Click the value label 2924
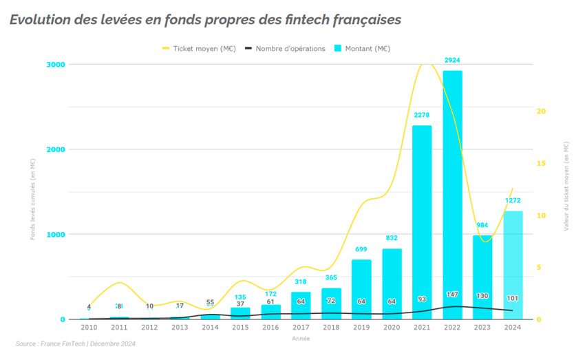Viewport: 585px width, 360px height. coord(452,61)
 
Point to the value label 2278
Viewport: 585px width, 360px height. coord(422,115)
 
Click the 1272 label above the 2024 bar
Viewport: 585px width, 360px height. coord(513,201)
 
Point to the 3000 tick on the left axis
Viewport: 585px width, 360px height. coord(56,64)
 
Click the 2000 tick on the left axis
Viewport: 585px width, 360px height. coord(56,149)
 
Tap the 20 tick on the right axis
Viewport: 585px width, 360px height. coord(541,111)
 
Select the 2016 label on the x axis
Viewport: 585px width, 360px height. coord(270,328)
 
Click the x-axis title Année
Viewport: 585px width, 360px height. coord(301,338)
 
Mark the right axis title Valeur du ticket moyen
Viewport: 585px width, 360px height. coord(566,186)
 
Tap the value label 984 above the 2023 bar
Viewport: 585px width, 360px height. coord(482,225)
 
